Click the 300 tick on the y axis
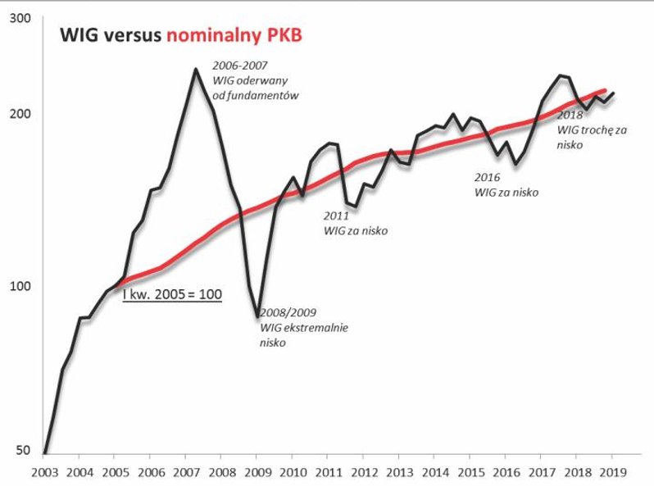point(20,17)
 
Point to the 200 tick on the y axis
point(20,113)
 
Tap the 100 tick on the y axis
point(20,286)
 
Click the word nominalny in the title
point(213,36)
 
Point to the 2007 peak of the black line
point(195,69)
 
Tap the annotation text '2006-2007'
point(239,65)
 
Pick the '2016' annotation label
point(487,177)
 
